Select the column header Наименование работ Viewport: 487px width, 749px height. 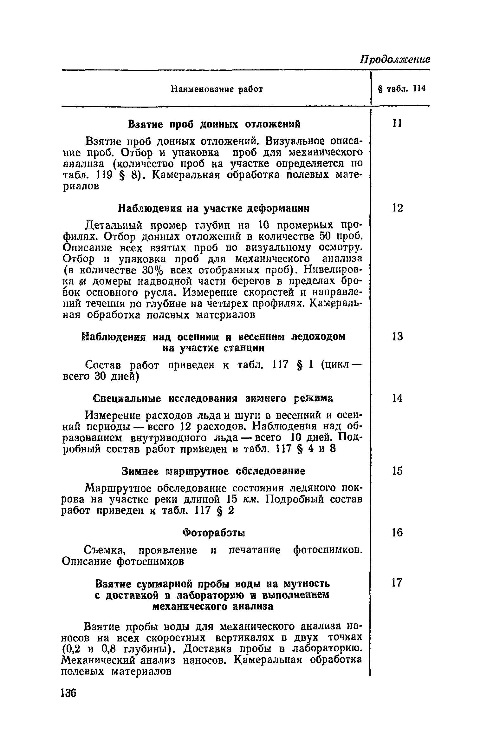[x=217, y=89]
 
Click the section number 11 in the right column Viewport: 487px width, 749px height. [x=397, y=123]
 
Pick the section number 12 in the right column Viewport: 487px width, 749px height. [x=397, y=208]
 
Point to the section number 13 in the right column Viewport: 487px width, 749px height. [x=397, y=336]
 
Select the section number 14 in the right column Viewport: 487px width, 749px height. [x=397, y=398]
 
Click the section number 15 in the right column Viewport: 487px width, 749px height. [x=397, y=471]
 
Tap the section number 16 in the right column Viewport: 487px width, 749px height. [x=397, y=532]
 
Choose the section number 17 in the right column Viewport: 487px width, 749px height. [x=397, y=583]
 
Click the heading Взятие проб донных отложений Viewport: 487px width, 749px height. [x=214, y=124]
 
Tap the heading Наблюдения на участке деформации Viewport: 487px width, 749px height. [x=214, y=208]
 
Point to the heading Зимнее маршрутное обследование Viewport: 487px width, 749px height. [x=214, y=472]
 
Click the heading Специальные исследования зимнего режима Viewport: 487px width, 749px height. [x=214, y=398]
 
